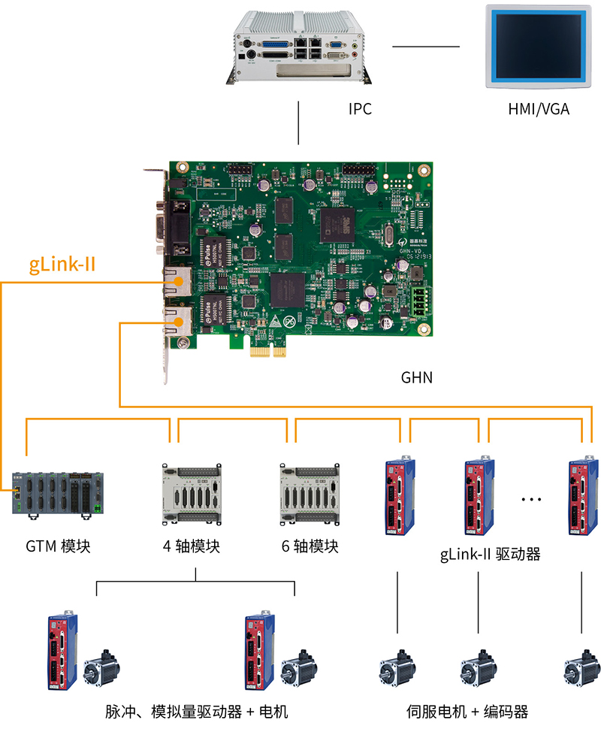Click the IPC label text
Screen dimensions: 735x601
(x=360, y=109)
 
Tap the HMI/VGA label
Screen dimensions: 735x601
(x=538, y=109)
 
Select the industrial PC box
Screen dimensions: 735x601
(x=300, y=49)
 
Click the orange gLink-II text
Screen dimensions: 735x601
(x=62, y=265)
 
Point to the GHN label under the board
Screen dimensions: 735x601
(x=417, y=378)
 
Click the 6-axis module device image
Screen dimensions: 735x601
(x=310, y=493)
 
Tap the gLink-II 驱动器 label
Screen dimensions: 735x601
(x=490, y=555)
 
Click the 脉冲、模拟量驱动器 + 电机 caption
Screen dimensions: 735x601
(x=196, y=711)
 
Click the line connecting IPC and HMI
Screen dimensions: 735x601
(x=425, y=47)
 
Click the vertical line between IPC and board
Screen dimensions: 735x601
(x=299, y=122)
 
